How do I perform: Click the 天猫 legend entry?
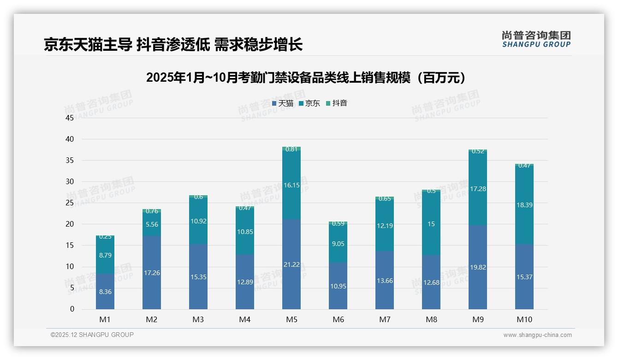[283, 103]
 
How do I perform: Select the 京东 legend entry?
[309, 103]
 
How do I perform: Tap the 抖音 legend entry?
[337, 103]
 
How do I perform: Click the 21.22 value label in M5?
[291, 264]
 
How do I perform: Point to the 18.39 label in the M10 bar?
[524, 205]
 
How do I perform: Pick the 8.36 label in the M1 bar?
[105, 292]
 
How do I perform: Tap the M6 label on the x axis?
[338, 319]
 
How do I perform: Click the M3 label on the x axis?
[198, 319]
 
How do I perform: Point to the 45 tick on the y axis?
[70, 118]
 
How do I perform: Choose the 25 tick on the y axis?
[70, 203]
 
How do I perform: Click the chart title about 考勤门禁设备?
[305, 78]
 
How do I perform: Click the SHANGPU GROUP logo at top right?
[536, 39]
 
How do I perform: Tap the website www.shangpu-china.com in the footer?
[537, 335]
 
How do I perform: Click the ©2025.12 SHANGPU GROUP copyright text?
[92, 335]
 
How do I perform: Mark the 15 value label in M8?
[431, 224]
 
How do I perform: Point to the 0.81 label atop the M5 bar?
[291, 149]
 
